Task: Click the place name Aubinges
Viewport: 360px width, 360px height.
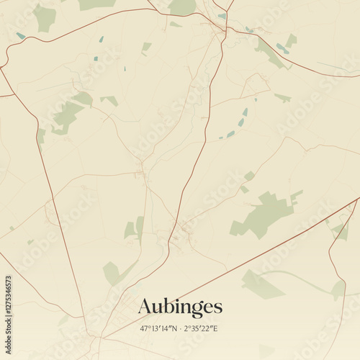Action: pyautogui.click(x=180, y=307)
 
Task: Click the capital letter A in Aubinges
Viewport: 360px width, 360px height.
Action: pyautogui.click(x=145, y=307)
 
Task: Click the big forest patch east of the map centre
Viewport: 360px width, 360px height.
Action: pyautogui.click(x=264, y=214)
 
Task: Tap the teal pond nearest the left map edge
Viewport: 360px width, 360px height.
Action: pyautogui.click(x=20, y=35)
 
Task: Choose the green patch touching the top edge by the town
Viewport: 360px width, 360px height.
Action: pyautogui.click(x=183, y=6)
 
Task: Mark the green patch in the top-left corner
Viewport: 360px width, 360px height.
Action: pyautogui.click(x=45, y=18)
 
